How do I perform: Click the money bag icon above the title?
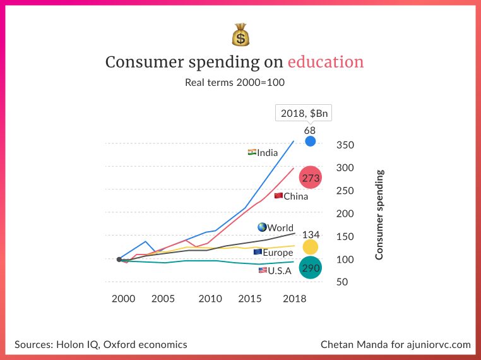(240, 35)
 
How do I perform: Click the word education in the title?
(326, 62)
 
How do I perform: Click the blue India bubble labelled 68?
(311, 141)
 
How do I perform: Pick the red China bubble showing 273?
(311, 178)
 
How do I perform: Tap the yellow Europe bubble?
(310, 248)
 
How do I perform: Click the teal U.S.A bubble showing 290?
(311, 268)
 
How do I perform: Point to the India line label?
(263, 153)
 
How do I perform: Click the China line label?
(292, 196)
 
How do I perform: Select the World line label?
(276, 227)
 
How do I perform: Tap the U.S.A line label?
(275, 270)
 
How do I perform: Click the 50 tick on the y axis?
(341, 282)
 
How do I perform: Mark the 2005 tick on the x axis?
(163, 298)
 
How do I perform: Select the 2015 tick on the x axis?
(251, 298)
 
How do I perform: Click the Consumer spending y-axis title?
(379, 215)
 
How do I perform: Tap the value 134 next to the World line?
(311, 235)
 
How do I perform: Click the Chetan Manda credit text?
(396, 344)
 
